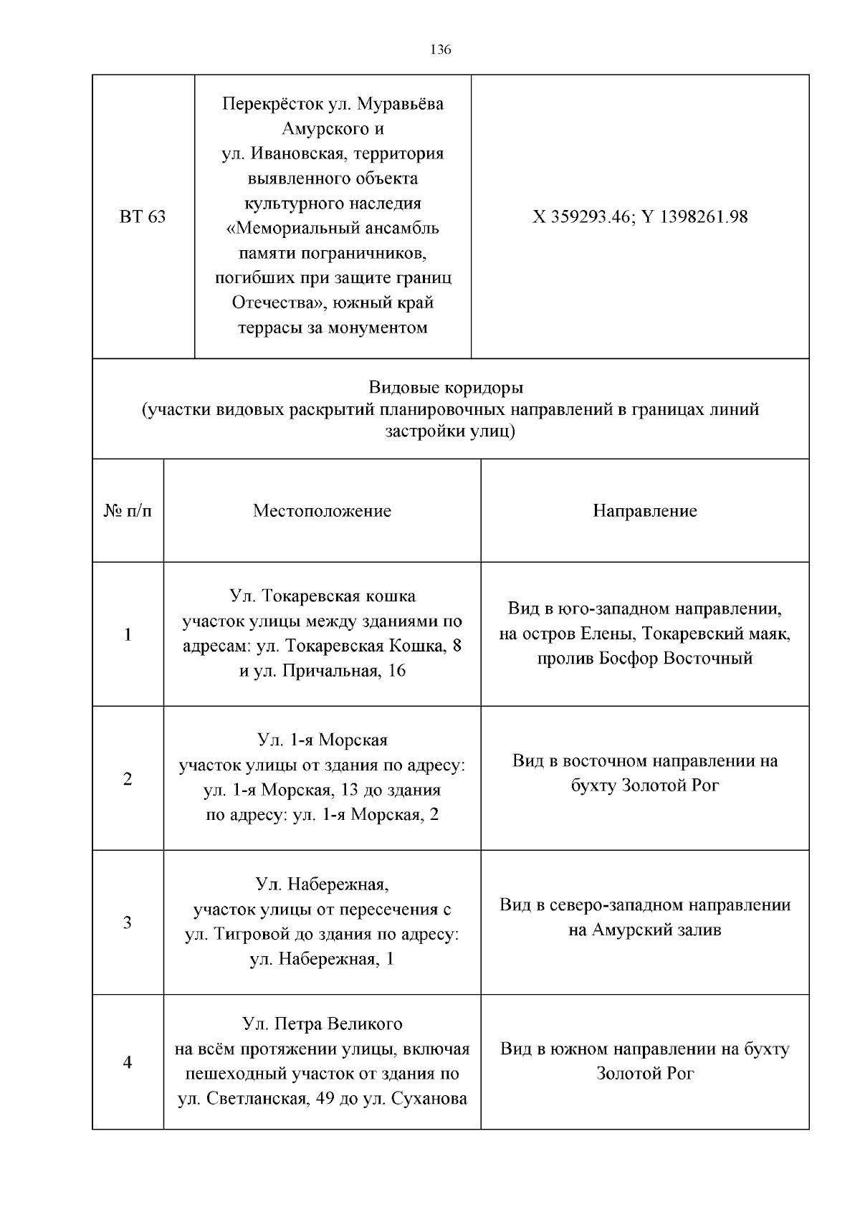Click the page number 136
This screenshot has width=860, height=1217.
440,49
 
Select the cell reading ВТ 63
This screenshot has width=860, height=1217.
142,216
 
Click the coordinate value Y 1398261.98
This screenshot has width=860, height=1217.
694,216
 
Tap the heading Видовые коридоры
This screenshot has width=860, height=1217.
446,388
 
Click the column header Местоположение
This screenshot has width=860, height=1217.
322,511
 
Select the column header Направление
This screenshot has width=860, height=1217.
644,511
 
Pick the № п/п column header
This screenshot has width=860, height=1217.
128,511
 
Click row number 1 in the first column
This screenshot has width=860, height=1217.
128,634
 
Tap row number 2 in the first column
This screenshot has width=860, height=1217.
128,778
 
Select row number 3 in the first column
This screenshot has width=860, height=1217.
128,922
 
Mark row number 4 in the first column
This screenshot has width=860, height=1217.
128,1062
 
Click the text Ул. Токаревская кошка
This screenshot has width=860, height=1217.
322,596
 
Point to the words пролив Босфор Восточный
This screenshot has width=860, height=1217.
644,658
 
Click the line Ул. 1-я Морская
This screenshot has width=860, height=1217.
322,740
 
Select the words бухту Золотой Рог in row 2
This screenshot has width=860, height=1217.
644,786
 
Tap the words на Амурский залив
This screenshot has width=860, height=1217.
644,930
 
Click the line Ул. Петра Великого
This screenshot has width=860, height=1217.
322,1024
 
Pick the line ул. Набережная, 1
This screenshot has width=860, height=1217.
322,959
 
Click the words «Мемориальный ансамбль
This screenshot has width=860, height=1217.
333,229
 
